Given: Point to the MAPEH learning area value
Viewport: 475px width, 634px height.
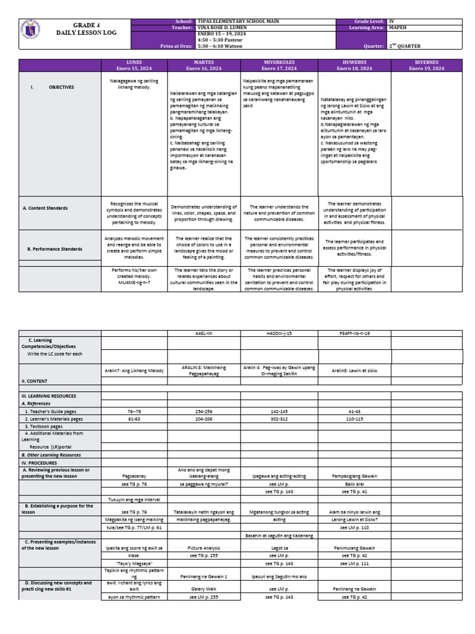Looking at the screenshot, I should click(398, 27).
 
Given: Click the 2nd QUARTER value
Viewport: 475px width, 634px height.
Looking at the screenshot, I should click(404, 46).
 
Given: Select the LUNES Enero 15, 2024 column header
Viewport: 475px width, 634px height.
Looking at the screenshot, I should click(134, 65).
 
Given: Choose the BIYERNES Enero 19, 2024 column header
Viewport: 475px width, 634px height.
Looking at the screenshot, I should click(426, 65).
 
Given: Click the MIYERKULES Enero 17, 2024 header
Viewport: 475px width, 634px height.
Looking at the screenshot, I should click(280, 65).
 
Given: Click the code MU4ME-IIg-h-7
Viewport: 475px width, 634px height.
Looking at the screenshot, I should click(134, 282).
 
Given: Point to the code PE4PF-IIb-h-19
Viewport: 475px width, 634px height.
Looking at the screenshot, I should click(354, 333).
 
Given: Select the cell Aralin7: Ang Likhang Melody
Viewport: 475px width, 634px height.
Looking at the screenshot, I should click(134, 370).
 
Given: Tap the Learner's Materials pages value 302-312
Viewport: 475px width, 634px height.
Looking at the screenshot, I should click(280, 419).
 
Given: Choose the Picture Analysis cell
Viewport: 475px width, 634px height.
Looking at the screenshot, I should click(204, 548).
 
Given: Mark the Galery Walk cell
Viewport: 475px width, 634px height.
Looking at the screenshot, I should click(204, 589).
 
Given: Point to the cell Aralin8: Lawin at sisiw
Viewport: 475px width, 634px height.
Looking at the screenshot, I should click(354, 370).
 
